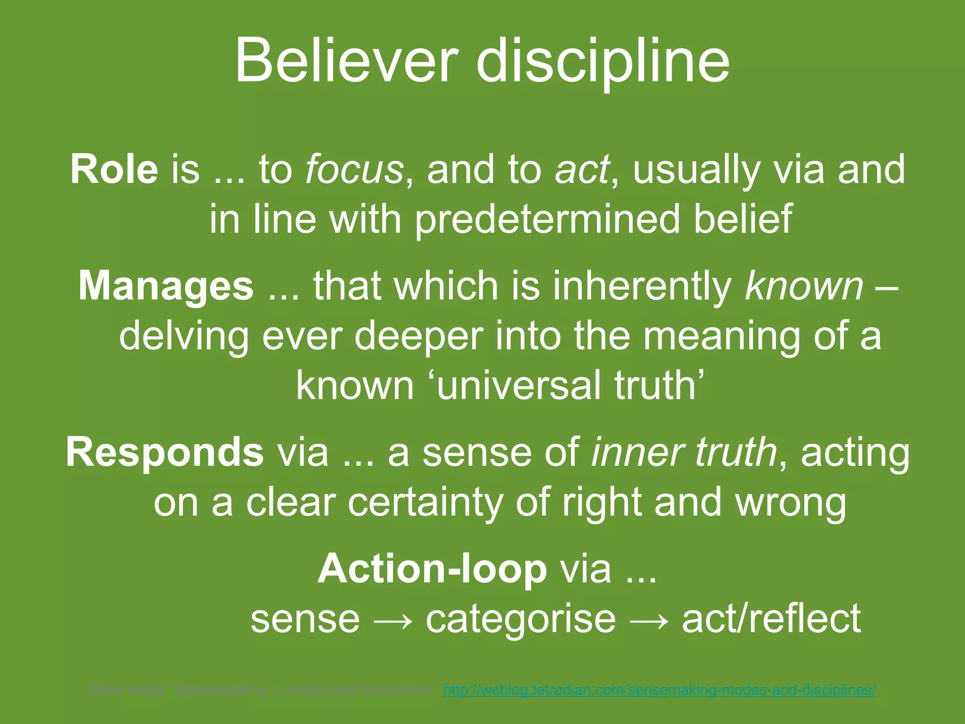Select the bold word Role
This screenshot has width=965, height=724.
(x=114, y=169)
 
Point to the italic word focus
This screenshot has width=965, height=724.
(x=354, y=169)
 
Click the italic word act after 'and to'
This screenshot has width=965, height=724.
(x=582, y=169)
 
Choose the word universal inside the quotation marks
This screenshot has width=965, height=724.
(x=519, y=386)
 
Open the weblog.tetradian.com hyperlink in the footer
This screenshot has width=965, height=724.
(x=660, y=691)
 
